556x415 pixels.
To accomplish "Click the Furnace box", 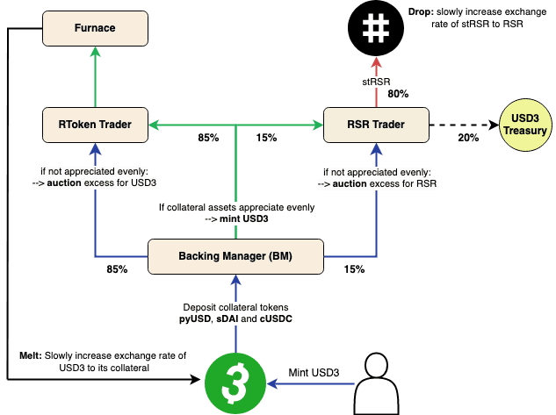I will click(x=96, y=28).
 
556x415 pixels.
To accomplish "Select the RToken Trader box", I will click(x=96, y=125).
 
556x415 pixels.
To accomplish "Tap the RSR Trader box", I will click(x=377, y=125).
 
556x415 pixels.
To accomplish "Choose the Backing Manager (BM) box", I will click(x=235, y=256).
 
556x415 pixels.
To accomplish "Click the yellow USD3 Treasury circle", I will click(x=524, y=125).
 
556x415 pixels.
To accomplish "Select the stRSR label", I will click(x=376, y=82).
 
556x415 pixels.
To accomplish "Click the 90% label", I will click(x=399, y=94).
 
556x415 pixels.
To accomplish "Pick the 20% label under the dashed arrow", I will click(x=468, y=139).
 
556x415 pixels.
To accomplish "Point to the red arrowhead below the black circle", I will click(x=376, y=64).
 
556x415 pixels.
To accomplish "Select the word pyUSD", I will click(x=193, y=320).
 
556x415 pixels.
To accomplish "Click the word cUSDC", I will click(x=273, y=320).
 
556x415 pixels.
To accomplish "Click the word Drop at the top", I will click(x=420, y=11).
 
